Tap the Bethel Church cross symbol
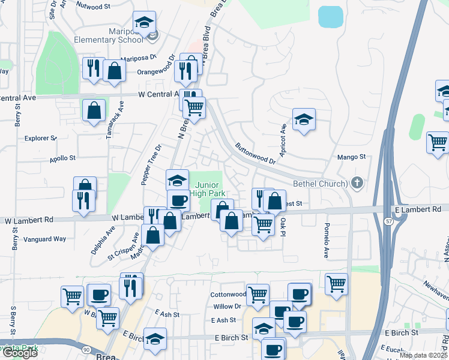pyautogui.click(x=357, y=182)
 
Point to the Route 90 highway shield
pyautogui.click(x=86, y=349)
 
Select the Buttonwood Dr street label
pyautogui.click(x=255, y=154)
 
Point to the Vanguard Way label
pyautogui.click(x=44, y=239)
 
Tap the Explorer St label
pyautogui.click(x=40, y=138)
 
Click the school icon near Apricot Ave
pyautogui.click(x=304, y=119)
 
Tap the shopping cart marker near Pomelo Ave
pyautogui.click(x=336, y=283)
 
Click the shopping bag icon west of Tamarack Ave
pyautogui.click(x=94, y=110)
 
